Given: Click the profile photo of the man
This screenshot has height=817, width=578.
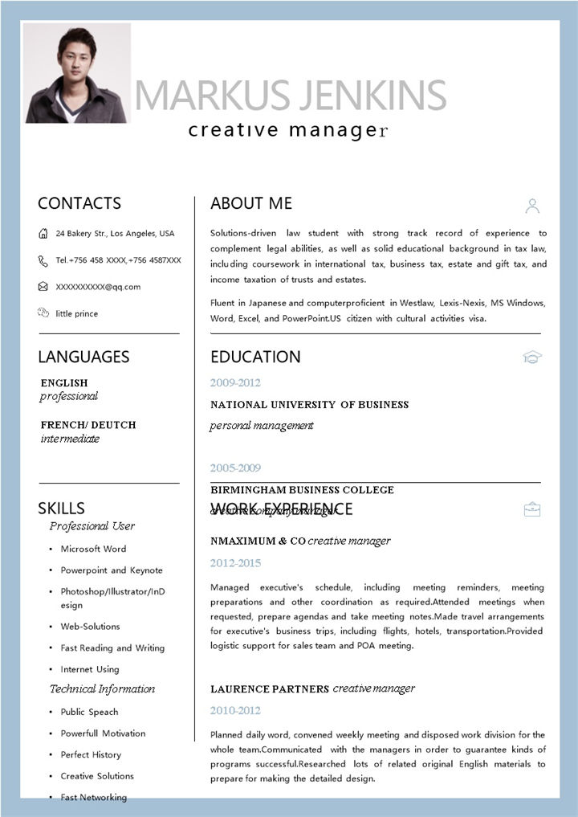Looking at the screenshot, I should point(77,73).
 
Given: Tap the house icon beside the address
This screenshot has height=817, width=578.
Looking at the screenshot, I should point(43,234).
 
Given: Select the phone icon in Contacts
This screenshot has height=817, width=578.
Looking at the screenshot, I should point(43,260).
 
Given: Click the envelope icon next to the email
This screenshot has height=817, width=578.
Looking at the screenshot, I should point(43,287).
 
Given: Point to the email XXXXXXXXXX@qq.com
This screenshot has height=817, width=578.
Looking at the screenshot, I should point(98,287).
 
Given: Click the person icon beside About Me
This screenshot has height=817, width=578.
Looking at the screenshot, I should point(532,206).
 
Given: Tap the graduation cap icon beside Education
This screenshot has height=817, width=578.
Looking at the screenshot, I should point(532,357).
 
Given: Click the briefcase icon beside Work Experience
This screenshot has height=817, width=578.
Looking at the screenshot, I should point(532,509).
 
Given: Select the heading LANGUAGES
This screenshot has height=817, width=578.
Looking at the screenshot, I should point(83,357).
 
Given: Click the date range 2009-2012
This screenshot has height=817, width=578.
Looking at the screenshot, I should point(235,383).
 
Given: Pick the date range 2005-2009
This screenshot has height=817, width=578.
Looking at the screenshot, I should point(235,468).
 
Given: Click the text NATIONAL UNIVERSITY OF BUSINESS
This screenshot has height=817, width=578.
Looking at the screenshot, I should point(309,405).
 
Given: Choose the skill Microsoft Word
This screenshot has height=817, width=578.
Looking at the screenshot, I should point(93,549).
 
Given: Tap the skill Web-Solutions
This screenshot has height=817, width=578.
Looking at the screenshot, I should point(90,627).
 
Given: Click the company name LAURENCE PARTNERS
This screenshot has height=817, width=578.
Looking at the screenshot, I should point(270,689).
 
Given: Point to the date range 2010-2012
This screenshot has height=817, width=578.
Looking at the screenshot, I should point(235,711).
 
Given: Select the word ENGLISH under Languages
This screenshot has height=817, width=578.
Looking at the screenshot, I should point(64,383).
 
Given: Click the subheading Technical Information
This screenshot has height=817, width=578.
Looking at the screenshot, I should point(102,689).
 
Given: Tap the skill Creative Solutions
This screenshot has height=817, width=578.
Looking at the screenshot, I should point(97,776).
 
